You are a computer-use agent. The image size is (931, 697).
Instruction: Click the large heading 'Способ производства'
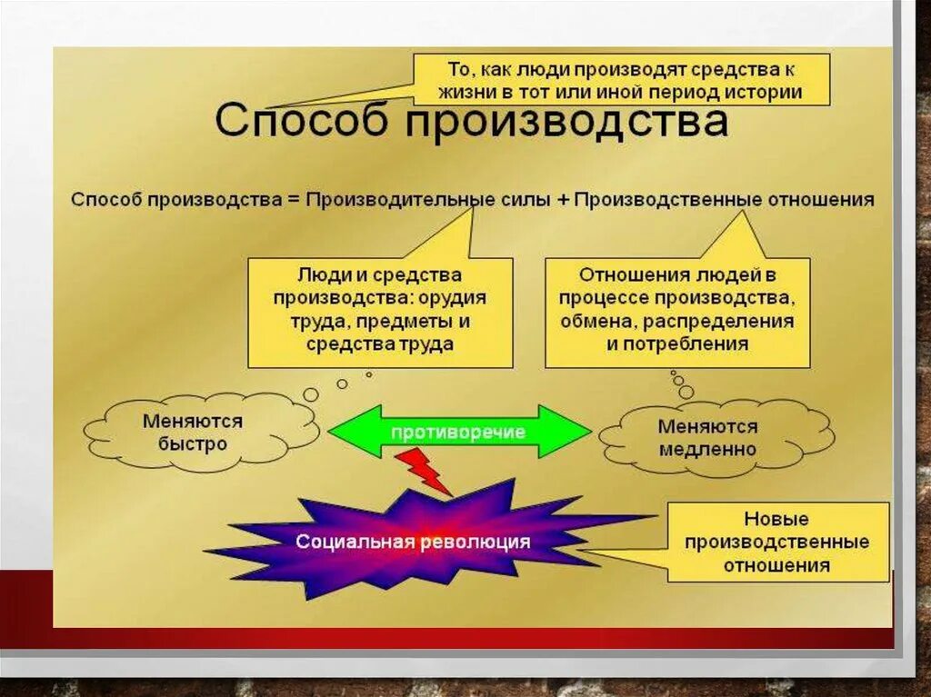point(471,121)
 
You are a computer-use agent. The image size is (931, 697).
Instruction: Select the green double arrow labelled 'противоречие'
point(459,432)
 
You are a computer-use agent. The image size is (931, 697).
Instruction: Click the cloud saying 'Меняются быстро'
point(193,433)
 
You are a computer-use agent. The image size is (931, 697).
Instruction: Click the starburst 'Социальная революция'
point(413,542)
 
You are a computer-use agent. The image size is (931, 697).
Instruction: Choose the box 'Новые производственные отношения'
point(776,543)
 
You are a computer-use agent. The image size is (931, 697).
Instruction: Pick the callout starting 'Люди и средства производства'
point(380,310)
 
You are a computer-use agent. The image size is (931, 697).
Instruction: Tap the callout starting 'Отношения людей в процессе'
point(677,310)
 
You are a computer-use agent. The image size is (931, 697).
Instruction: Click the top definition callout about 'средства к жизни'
point(623,79)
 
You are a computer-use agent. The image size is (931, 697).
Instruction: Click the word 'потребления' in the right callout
point(704,344)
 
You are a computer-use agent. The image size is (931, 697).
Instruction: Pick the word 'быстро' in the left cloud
point(193,445)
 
